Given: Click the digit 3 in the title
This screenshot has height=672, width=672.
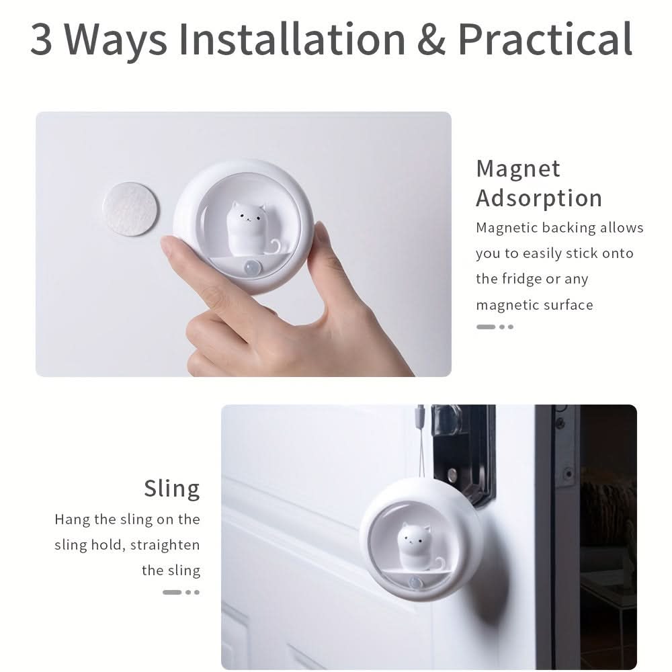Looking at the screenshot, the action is (42, 40).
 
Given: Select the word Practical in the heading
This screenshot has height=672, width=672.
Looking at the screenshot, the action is (545, 40).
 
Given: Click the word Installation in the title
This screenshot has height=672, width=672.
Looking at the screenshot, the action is (292, 40).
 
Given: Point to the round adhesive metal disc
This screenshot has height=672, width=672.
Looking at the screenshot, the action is (131, 209).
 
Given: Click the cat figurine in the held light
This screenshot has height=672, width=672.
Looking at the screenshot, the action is (246, 229).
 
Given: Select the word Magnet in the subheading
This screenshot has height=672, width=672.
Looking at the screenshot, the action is (518, 169).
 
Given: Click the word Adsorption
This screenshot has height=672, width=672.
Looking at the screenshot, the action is (539, 198).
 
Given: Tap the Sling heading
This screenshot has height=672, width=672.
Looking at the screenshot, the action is (172, 489).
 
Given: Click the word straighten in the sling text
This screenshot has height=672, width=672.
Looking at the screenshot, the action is (165, 545).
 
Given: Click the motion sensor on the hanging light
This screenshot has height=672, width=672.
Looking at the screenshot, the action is (415, 583).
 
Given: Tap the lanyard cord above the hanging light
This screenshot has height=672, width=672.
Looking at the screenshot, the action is (420, 442).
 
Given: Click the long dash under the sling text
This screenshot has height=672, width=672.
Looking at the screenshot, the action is (172, 592).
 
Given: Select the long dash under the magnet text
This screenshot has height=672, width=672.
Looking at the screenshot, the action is (486, 327).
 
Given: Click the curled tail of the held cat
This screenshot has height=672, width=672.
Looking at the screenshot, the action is (274, 245).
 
